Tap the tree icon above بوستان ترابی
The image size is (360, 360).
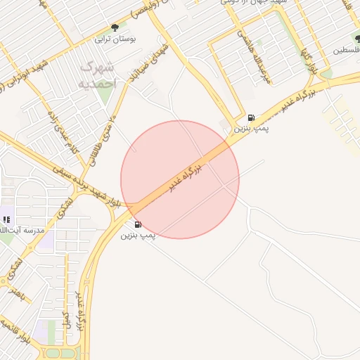tap(115, 28)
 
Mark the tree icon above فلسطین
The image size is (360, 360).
tap(357, 39)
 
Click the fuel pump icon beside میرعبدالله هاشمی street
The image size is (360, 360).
tap(251, 117)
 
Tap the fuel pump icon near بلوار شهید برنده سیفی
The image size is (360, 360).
tap(137, 224)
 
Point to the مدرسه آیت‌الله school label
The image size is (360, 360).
tap(24, 230)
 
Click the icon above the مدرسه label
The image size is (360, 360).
tap(6, 219)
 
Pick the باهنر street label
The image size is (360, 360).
tap(16, 293)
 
